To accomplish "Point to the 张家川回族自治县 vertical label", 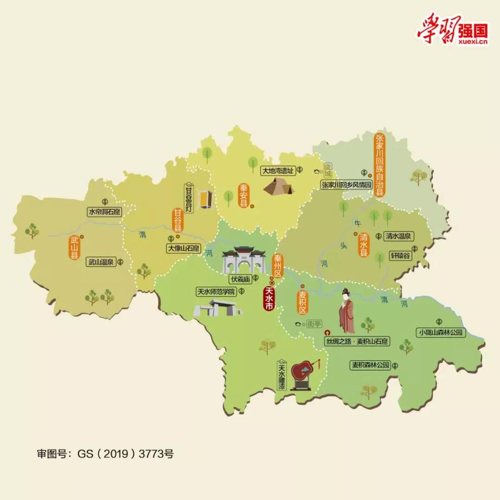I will tap(380, 165).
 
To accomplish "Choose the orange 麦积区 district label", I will tap(302, 302).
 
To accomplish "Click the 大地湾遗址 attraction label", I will tap(278, 170).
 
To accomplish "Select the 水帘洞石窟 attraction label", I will tap(105, 212).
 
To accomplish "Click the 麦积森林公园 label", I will tap(370, 365).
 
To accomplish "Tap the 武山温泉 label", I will tap(101, 262).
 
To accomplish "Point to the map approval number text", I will tap(105, 453).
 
